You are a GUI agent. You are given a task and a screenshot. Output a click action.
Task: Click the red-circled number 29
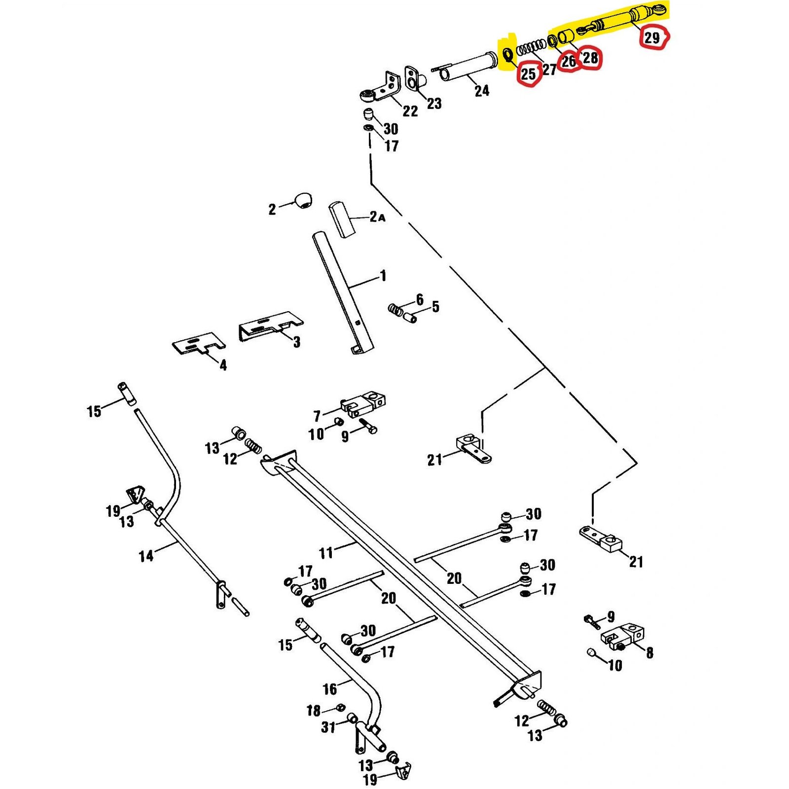point(652,37)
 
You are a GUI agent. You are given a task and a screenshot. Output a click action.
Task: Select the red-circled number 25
point(528,74)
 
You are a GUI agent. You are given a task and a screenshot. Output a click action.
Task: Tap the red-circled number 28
point(590,58)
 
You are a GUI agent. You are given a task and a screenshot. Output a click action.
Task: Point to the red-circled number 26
point(568,61)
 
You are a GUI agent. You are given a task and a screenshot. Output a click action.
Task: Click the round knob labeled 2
point(303,201)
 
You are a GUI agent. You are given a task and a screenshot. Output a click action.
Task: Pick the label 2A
point(377,216)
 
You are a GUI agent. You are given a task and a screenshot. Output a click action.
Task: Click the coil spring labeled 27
point(532,47)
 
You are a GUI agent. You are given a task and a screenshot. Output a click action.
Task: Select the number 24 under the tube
point(482,90)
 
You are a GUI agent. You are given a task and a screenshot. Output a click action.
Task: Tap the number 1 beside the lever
point(383,276)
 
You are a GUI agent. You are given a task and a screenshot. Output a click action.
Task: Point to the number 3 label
point(296,342)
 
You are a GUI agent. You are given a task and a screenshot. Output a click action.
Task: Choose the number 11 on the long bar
point(326,552)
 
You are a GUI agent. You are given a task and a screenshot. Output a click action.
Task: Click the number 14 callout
point(146,556)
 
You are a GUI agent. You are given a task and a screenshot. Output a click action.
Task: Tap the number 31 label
point(328,727)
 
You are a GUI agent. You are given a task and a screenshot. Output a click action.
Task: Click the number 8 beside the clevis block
point(649,652)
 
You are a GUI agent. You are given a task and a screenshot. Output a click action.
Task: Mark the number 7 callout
point(317,416)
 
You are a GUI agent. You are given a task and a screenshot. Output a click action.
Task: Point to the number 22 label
point(410,111)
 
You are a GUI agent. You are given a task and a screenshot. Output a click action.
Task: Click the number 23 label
point(434,104)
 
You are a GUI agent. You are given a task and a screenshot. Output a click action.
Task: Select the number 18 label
point(314,710)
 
